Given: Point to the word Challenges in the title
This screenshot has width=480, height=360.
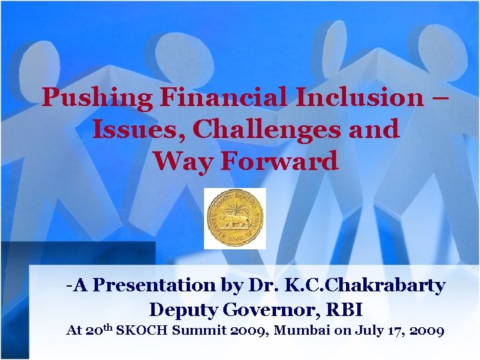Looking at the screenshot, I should pos(265,130).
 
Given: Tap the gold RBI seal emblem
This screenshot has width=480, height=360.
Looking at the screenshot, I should pos(235,218).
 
